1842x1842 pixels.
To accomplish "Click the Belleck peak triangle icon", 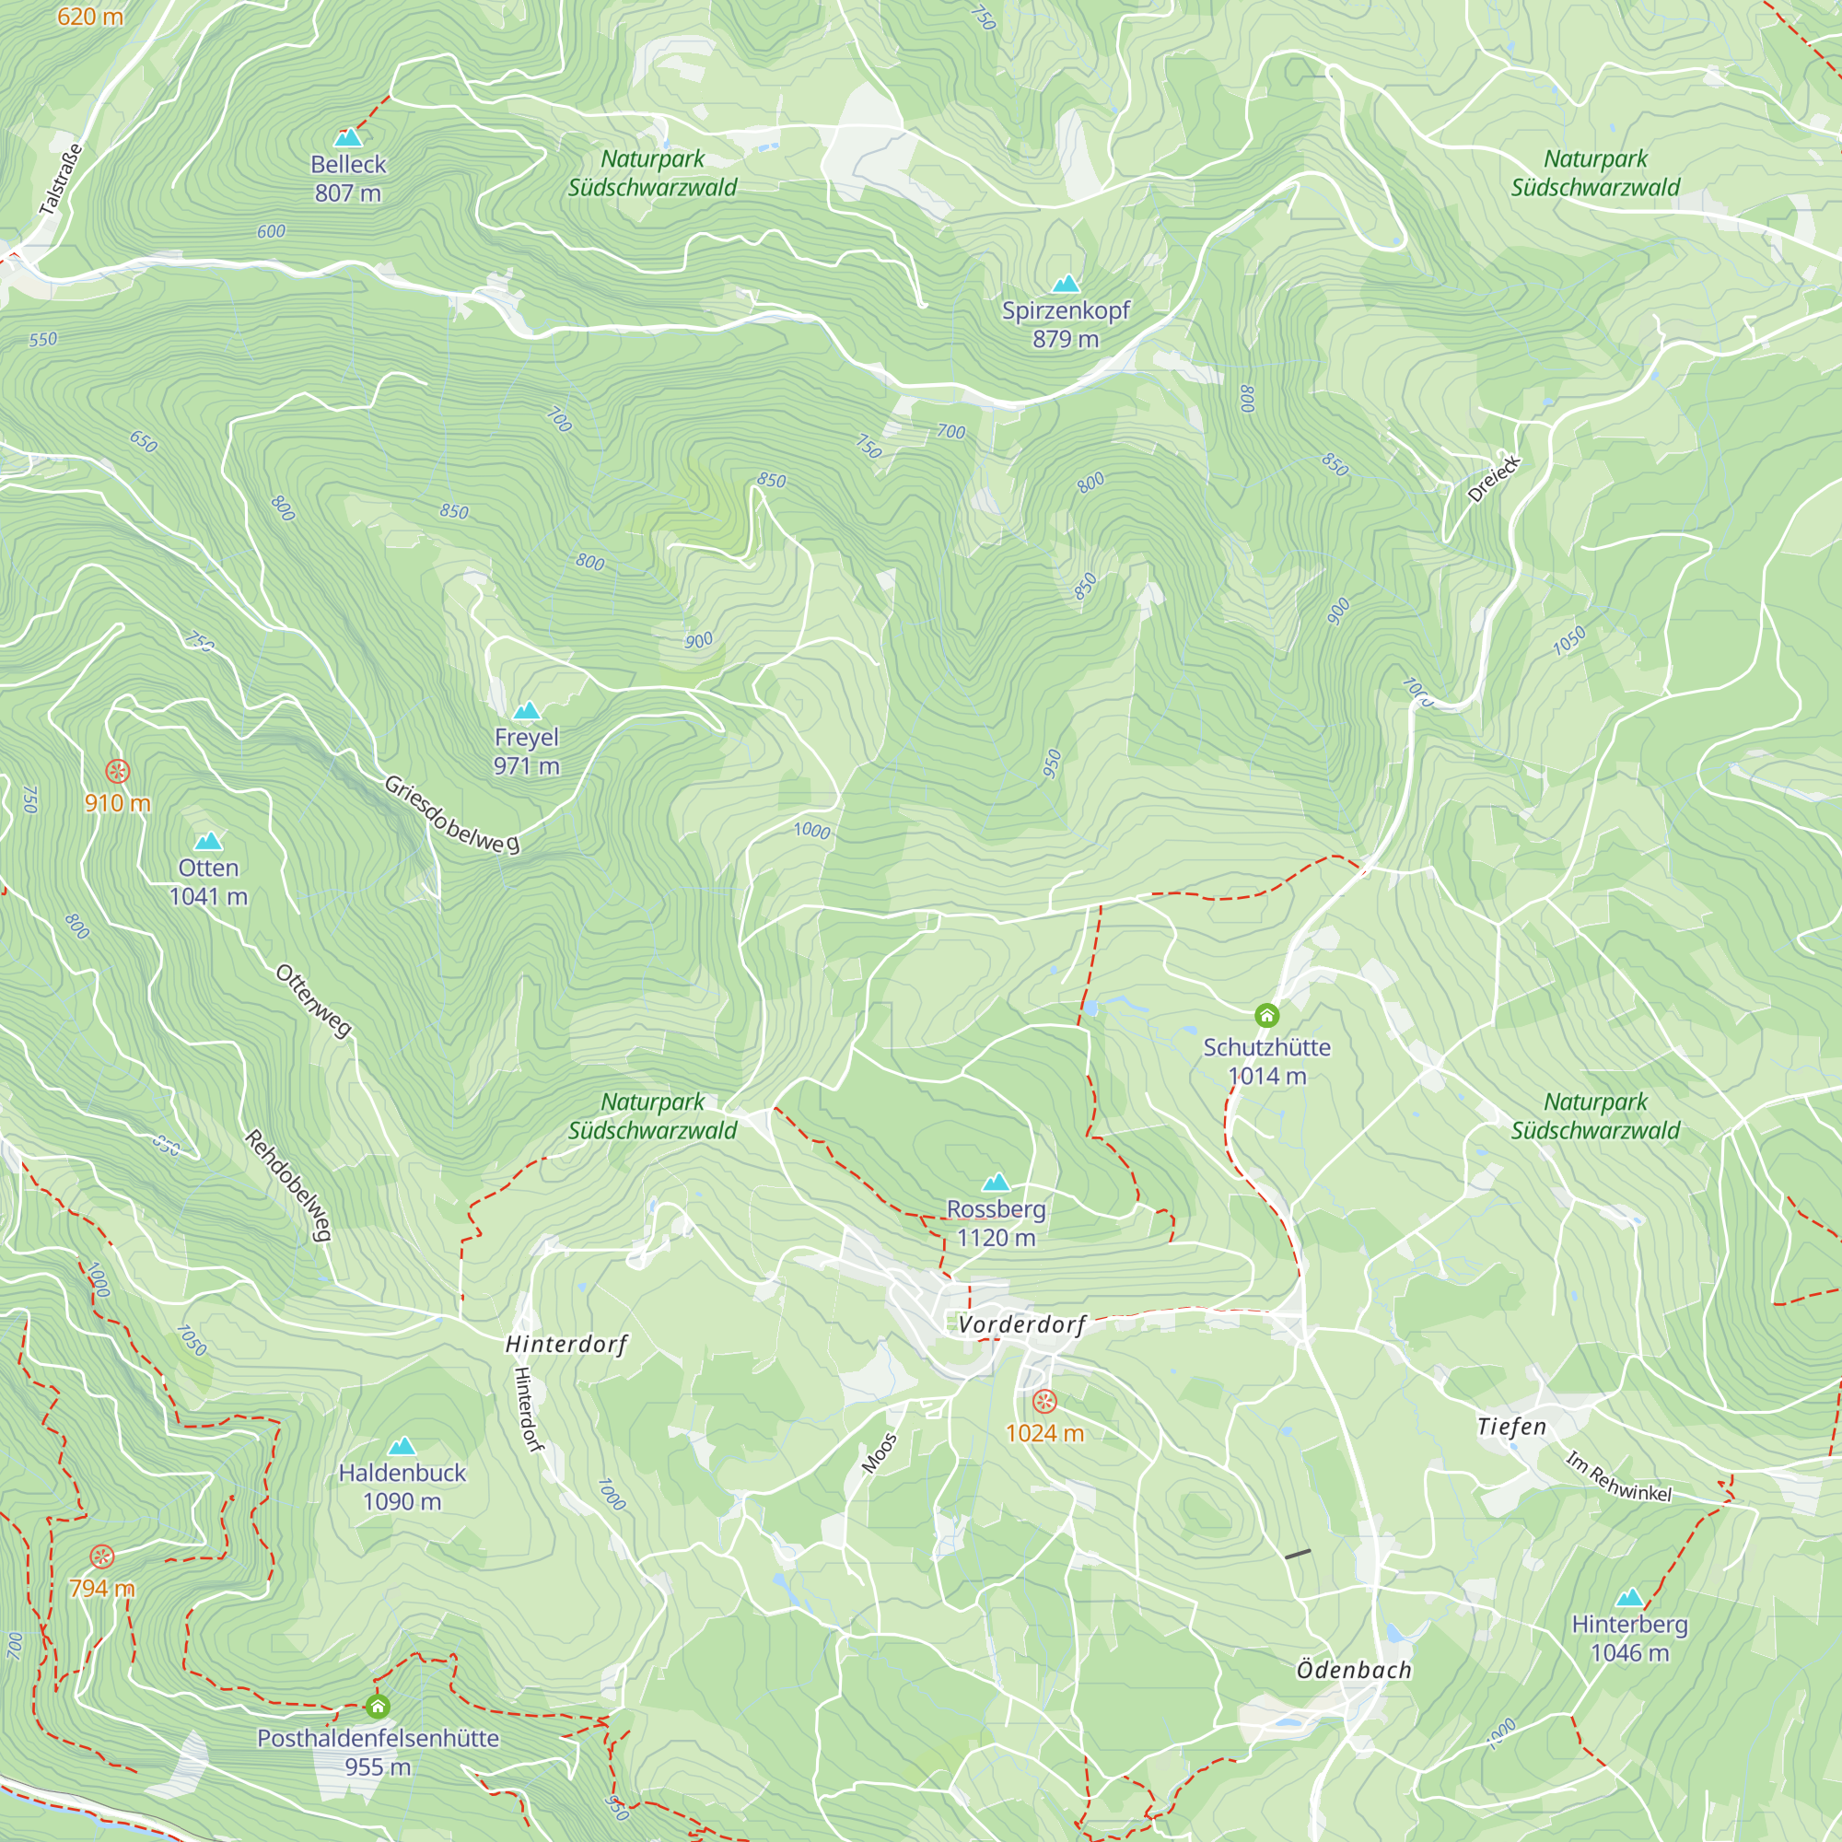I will pyautogui.click(x=348, y=137).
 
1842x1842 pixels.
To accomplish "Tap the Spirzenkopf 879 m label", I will pyautogui.click(x=1065, y=324).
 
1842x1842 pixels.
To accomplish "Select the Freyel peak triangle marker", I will pyautogui.click(x=526, y=710).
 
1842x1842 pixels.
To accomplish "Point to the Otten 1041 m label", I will pyautogui.click(x=208, y=882).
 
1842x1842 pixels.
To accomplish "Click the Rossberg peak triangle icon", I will pyautogui.click(x=996, y=1183).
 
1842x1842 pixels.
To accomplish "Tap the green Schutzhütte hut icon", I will pyautogui.click(x=1266, y=1015).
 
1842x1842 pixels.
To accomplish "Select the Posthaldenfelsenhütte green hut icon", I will pyautogui.click(x=378, y=1707).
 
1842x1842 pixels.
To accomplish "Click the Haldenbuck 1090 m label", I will pyautogui.click(x=402, y=1487).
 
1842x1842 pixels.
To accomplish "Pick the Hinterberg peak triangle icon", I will pyautogui.click(x=1629, y=1597).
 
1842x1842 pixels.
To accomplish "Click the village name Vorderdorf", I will pyautogui.click(x=1021, y=1324).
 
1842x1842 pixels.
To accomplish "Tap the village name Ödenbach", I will pyautogui.click(x=1353, y=1670).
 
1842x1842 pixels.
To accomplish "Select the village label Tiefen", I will pyautogui.click(x=1511, y=1428).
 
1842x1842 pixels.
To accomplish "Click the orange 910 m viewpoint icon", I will pyautogui.click(x=117, y=770).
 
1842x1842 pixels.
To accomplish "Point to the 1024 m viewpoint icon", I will pyautogui.click(x=1045, y=1401).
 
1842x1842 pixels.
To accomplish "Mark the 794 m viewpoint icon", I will pyautogui.click(x=102, y=1556).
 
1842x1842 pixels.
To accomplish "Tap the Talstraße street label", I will pyautogui.click(x=61, y=180).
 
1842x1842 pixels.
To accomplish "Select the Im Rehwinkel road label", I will pyautogui.click(x=1618, y=1477).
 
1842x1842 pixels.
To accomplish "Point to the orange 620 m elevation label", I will pyautogui.click(x=89, y=17).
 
